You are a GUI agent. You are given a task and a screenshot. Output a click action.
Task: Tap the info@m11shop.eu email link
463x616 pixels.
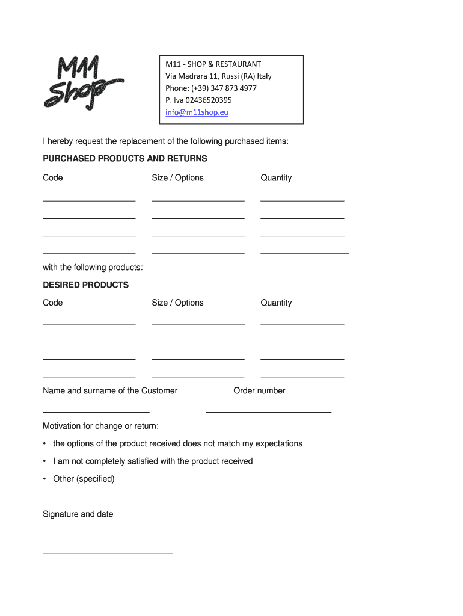tap(197, 112)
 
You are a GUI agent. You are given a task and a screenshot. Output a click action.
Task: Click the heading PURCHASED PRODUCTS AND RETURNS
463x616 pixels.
tap(125, 159)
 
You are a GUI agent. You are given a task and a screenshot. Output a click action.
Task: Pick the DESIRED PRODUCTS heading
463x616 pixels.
tap(86, 285)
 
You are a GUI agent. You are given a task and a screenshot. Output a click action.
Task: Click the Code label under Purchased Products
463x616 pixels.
tap(53, 178)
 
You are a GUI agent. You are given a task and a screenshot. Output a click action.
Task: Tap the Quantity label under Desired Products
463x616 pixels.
tap(276, 303)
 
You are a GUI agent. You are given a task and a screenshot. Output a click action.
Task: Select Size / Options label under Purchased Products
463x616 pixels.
tap(177, 178)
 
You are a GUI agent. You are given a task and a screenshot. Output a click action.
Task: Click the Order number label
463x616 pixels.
tap(259, 391)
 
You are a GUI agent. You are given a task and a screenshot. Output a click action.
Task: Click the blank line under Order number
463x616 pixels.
tap(268, 412)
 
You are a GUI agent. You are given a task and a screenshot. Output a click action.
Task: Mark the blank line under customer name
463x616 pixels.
tap(96, 412)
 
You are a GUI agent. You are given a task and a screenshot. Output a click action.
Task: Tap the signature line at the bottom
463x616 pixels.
tap(108, 552)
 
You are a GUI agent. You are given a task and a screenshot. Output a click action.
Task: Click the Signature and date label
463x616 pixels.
tap(78, 514)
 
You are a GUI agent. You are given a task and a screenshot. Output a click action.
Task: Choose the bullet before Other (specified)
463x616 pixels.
tap(45, 479)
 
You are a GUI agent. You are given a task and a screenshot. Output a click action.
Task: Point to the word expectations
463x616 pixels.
tap(279, 444)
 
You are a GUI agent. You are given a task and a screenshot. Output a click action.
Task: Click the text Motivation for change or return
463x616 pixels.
tap(100, 427)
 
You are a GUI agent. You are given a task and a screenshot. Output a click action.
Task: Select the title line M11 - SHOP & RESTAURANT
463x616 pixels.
tap(213, 64)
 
